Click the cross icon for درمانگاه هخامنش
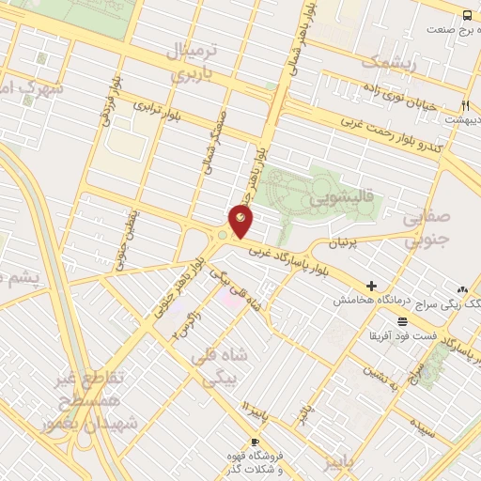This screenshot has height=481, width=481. point(372,286)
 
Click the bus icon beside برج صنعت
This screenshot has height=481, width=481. point(468,16)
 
